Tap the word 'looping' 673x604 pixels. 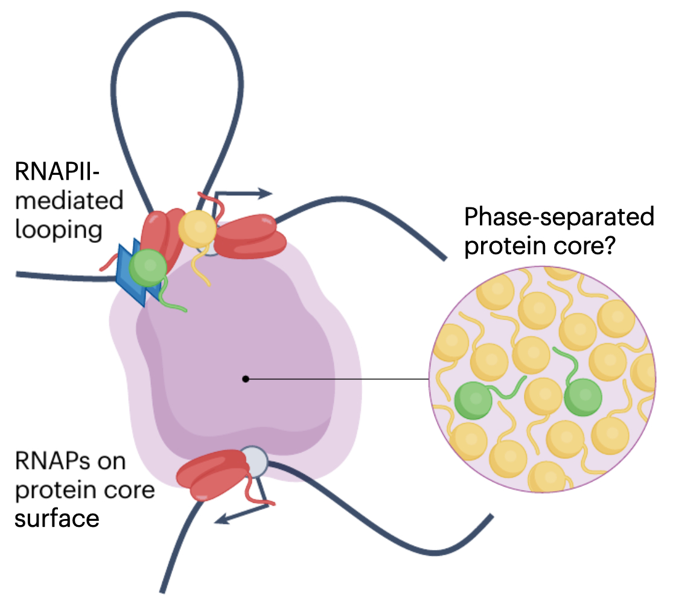tap(59, 231)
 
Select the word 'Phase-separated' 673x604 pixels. tap(559, 217)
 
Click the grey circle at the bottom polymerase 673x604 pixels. tap(254, 462)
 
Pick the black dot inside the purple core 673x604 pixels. tap(245, 379)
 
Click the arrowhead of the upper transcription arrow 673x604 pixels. tap(266, 193)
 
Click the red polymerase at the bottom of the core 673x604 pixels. tap(209, 476)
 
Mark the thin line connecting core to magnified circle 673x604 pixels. tap(338, 379)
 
